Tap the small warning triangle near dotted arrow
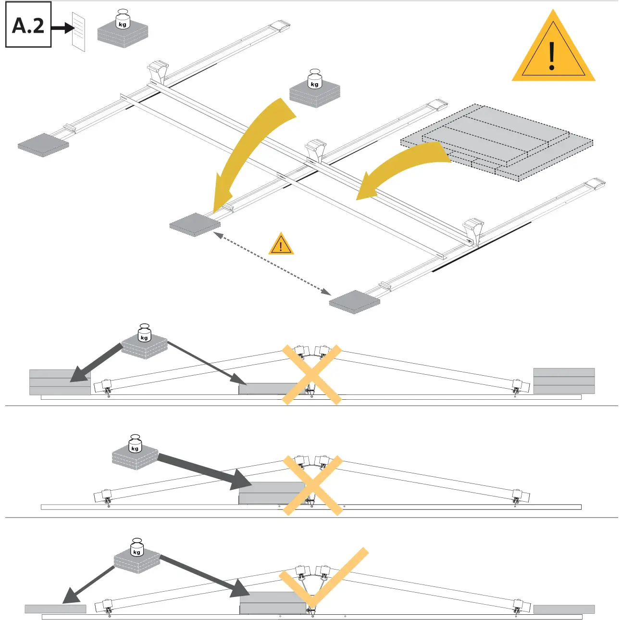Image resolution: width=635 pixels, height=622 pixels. tap(281, 244)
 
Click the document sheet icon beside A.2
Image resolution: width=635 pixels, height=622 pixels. tap(78, 31)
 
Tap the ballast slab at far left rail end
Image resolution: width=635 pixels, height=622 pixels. tap(43, 145)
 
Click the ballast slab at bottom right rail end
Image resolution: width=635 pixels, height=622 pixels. tap(355, 302)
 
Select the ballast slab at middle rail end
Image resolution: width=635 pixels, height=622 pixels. tap(195, 224)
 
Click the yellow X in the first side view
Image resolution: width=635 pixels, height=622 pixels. tap(312, 374)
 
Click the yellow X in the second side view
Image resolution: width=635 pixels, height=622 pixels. tap(312, 485)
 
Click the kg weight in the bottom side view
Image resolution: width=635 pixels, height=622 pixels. tap(137, 558)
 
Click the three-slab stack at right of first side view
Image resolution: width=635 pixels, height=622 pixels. tap(564, 381)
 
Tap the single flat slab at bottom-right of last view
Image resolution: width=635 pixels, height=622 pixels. tap(564, 609)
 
